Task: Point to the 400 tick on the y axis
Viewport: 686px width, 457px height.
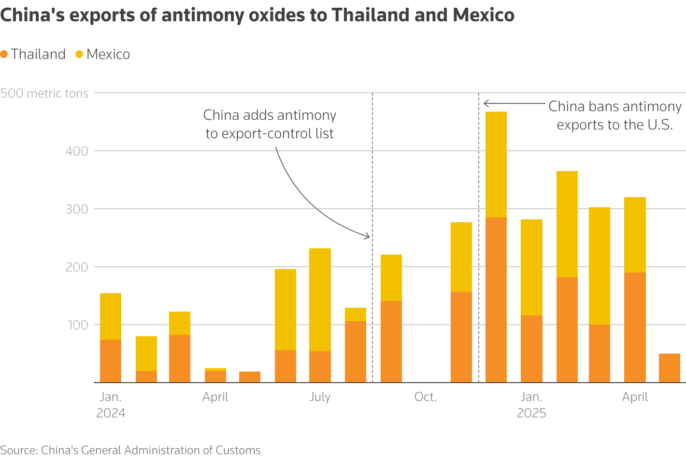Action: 77,151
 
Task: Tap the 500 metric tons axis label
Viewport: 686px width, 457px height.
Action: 44,93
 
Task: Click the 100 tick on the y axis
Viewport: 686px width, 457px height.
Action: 77,325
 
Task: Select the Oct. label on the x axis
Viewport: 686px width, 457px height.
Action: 425,397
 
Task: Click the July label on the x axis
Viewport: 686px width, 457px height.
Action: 320,397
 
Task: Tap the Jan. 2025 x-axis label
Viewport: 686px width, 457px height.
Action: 531,405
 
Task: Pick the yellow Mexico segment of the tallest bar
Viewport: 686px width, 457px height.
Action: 496,164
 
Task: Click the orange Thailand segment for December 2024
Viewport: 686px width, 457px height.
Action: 496,300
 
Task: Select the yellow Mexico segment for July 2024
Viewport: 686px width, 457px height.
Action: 320,300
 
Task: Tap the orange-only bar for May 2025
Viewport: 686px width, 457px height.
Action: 669,368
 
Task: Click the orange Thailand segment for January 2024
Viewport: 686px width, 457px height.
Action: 111,361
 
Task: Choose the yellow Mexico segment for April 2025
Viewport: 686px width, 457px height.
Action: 635,235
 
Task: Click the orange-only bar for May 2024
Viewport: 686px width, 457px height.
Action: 250,377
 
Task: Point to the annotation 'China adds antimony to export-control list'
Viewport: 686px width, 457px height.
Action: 270,124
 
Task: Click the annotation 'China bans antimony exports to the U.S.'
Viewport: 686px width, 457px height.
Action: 615,115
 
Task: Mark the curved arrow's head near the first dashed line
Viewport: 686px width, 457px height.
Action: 368,237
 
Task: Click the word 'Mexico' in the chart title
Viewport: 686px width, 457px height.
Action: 483,15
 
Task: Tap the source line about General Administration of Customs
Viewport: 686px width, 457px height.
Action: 130,450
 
